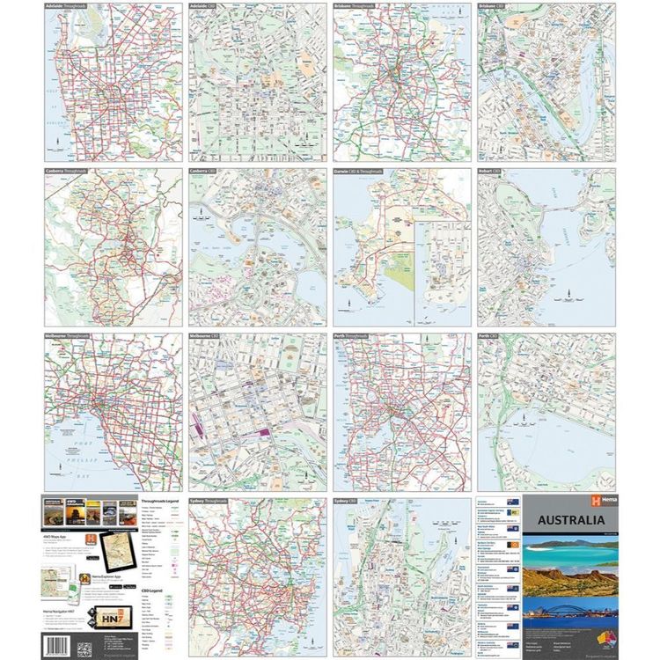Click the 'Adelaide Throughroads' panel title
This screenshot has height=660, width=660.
[x=68, y=6]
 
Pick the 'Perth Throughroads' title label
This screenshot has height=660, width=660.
[x=356, y=336]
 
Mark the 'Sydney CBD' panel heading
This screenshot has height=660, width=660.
[x=350, y=501]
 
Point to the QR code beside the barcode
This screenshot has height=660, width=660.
[x=84, y=649]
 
